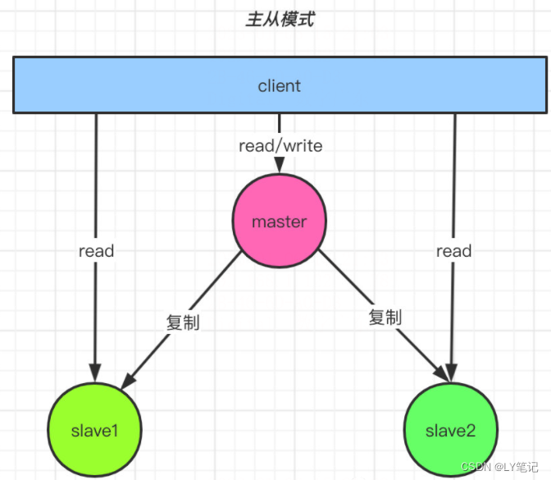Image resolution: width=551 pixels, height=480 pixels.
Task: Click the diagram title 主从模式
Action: (280, 21)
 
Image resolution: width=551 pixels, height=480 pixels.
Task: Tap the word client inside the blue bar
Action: (280, 85)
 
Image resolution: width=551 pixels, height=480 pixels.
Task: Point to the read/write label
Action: (280, 146)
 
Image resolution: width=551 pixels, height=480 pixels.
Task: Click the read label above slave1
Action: (96, 251)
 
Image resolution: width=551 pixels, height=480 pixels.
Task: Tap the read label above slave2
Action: (453, 251)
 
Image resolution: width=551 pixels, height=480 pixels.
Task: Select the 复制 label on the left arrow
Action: (182, 321)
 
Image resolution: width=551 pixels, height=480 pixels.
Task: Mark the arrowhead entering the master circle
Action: (280, 168)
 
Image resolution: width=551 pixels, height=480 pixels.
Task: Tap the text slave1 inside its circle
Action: (95, 431)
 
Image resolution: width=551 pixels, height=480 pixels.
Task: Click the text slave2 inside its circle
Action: (450, 431)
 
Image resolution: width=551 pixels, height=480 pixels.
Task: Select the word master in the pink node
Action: (280, 222)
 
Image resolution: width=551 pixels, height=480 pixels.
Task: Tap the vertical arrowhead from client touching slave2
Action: (453, 374)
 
